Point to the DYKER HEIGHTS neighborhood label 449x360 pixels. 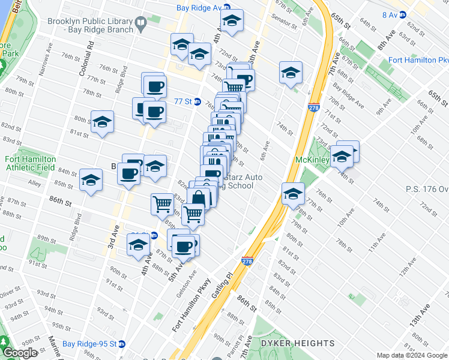[x=297, y=343]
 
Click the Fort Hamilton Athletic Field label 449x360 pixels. [x=31, y=163]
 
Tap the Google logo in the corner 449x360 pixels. [x=19, y=353]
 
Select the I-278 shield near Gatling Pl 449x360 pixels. [x=247, y=261]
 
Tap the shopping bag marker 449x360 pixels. [x=199, y=199]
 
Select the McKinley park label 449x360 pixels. [x=312, y=160]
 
